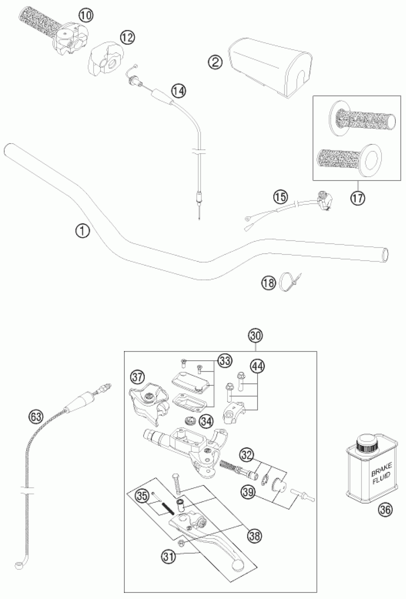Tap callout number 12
tap(128, 38)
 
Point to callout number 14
tap(179, 91)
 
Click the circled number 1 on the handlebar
tap(82, 231)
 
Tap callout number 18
tap(269, 283)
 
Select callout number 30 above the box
tap(256, 336)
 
